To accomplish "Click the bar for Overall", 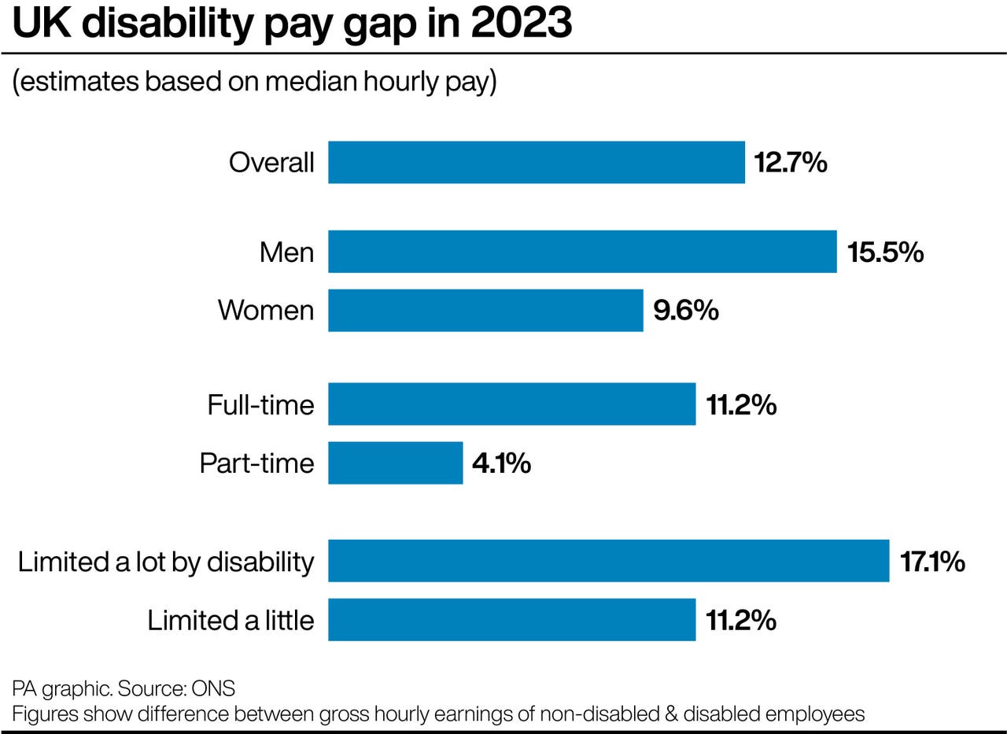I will click(x=536, y=162).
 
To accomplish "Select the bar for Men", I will click(x=582, y=252).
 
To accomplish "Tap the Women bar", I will click(x=485, y=310).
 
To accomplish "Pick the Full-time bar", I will click(x=511, y=404).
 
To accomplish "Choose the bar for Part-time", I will click(x=395, y=463).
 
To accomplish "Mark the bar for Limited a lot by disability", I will click(x=608, y=561).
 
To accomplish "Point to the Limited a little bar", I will click(x=511, y=620).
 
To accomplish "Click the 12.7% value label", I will click(x=791, y=163).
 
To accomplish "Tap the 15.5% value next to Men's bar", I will click(x=885, y=253).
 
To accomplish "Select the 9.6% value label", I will click(x=686, y=311).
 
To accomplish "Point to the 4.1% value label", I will click(x=502, y=463).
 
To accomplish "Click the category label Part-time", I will click(x=256, y=463).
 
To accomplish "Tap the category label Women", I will click(x=266, y=311).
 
